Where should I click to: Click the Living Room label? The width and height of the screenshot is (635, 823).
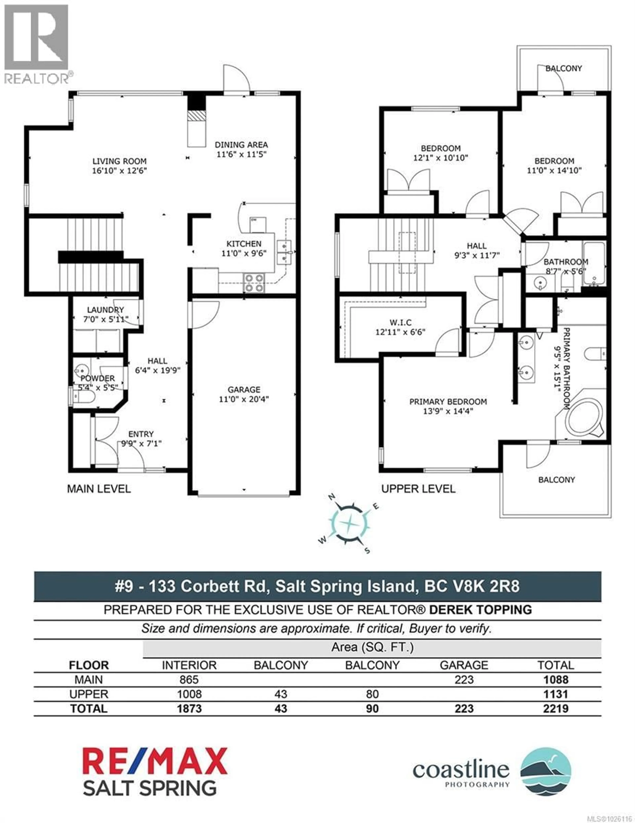pos(119,161)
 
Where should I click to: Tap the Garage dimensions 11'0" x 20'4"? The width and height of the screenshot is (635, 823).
pos(244,399)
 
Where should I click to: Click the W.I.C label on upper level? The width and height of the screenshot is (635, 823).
pos(401,323)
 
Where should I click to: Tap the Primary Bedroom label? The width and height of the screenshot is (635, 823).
pos(448,402)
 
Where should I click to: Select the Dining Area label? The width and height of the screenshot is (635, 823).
pos(241,145)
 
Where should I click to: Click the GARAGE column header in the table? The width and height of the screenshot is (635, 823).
pos(464,665)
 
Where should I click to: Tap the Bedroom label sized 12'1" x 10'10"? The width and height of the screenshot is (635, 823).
pos(440,149)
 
